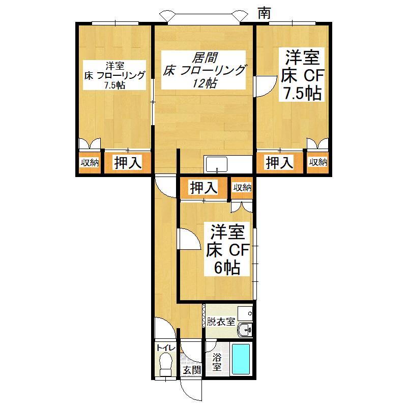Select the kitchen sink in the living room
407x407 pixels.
point(217,164)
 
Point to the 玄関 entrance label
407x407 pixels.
point(191,370)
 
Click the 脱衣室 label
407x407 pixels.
point(220,322)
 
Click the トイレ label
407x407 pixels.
point(166,347)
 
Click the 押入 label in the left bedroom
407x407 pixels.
point(128,163)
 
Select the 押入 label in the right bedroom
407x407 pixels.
point(280,163)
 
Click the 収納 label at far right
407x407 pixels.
point(318,162)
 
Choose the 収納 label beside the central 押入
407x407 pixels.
point(242,188)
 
